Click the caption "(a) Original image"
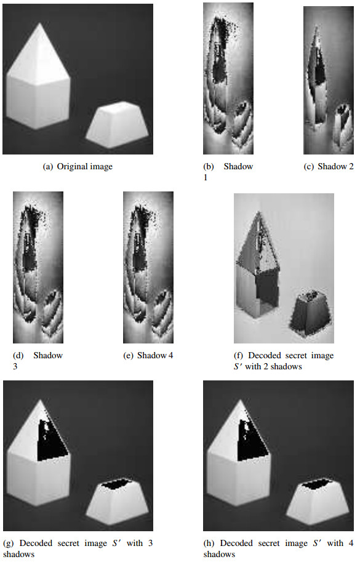click(x=78, y=167)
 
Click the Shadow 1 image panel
click(x=228, y=79)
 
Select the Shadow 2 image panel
click(x=329, y=80)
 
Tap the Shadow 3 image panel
click(x=38, y=267)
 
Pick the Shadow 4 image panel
click(x=148, y=267)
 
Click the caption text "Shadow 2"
click(x=335, y=166)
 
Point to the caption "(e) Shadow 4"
click(x=148, y=356)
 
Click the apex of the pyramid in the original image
click(x=40, y=23)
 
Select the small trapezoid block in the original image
click(x=117, y=125)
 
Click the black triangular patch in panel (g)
click(x=52, y=440)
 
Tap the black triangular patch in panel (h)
click(x=253, y=440)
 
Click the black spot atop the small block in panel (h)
click(x=316, y=484)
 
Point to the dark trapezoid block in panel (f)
click(x=310, y=314)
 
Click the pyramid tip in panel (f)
click(x=258, y=212)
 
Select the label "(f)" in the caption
click(x=238, y=356)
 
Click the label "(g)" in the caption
click(x=8, y=544)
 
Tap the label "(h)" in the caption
click(x=209, y=544)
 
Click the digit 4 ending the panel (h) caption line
click(x=350, y=544)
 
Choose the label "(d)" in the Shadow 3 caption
click(x=18, y=356)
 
